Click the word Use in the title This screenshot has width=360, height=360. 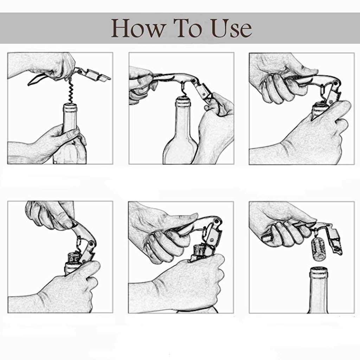tap(232, 28)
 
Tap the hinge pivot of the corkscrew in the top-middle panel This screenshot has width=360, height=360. tap(194, 81)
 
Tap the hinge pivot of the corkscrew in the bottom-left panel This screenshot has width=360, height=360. tap(91, 243)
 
